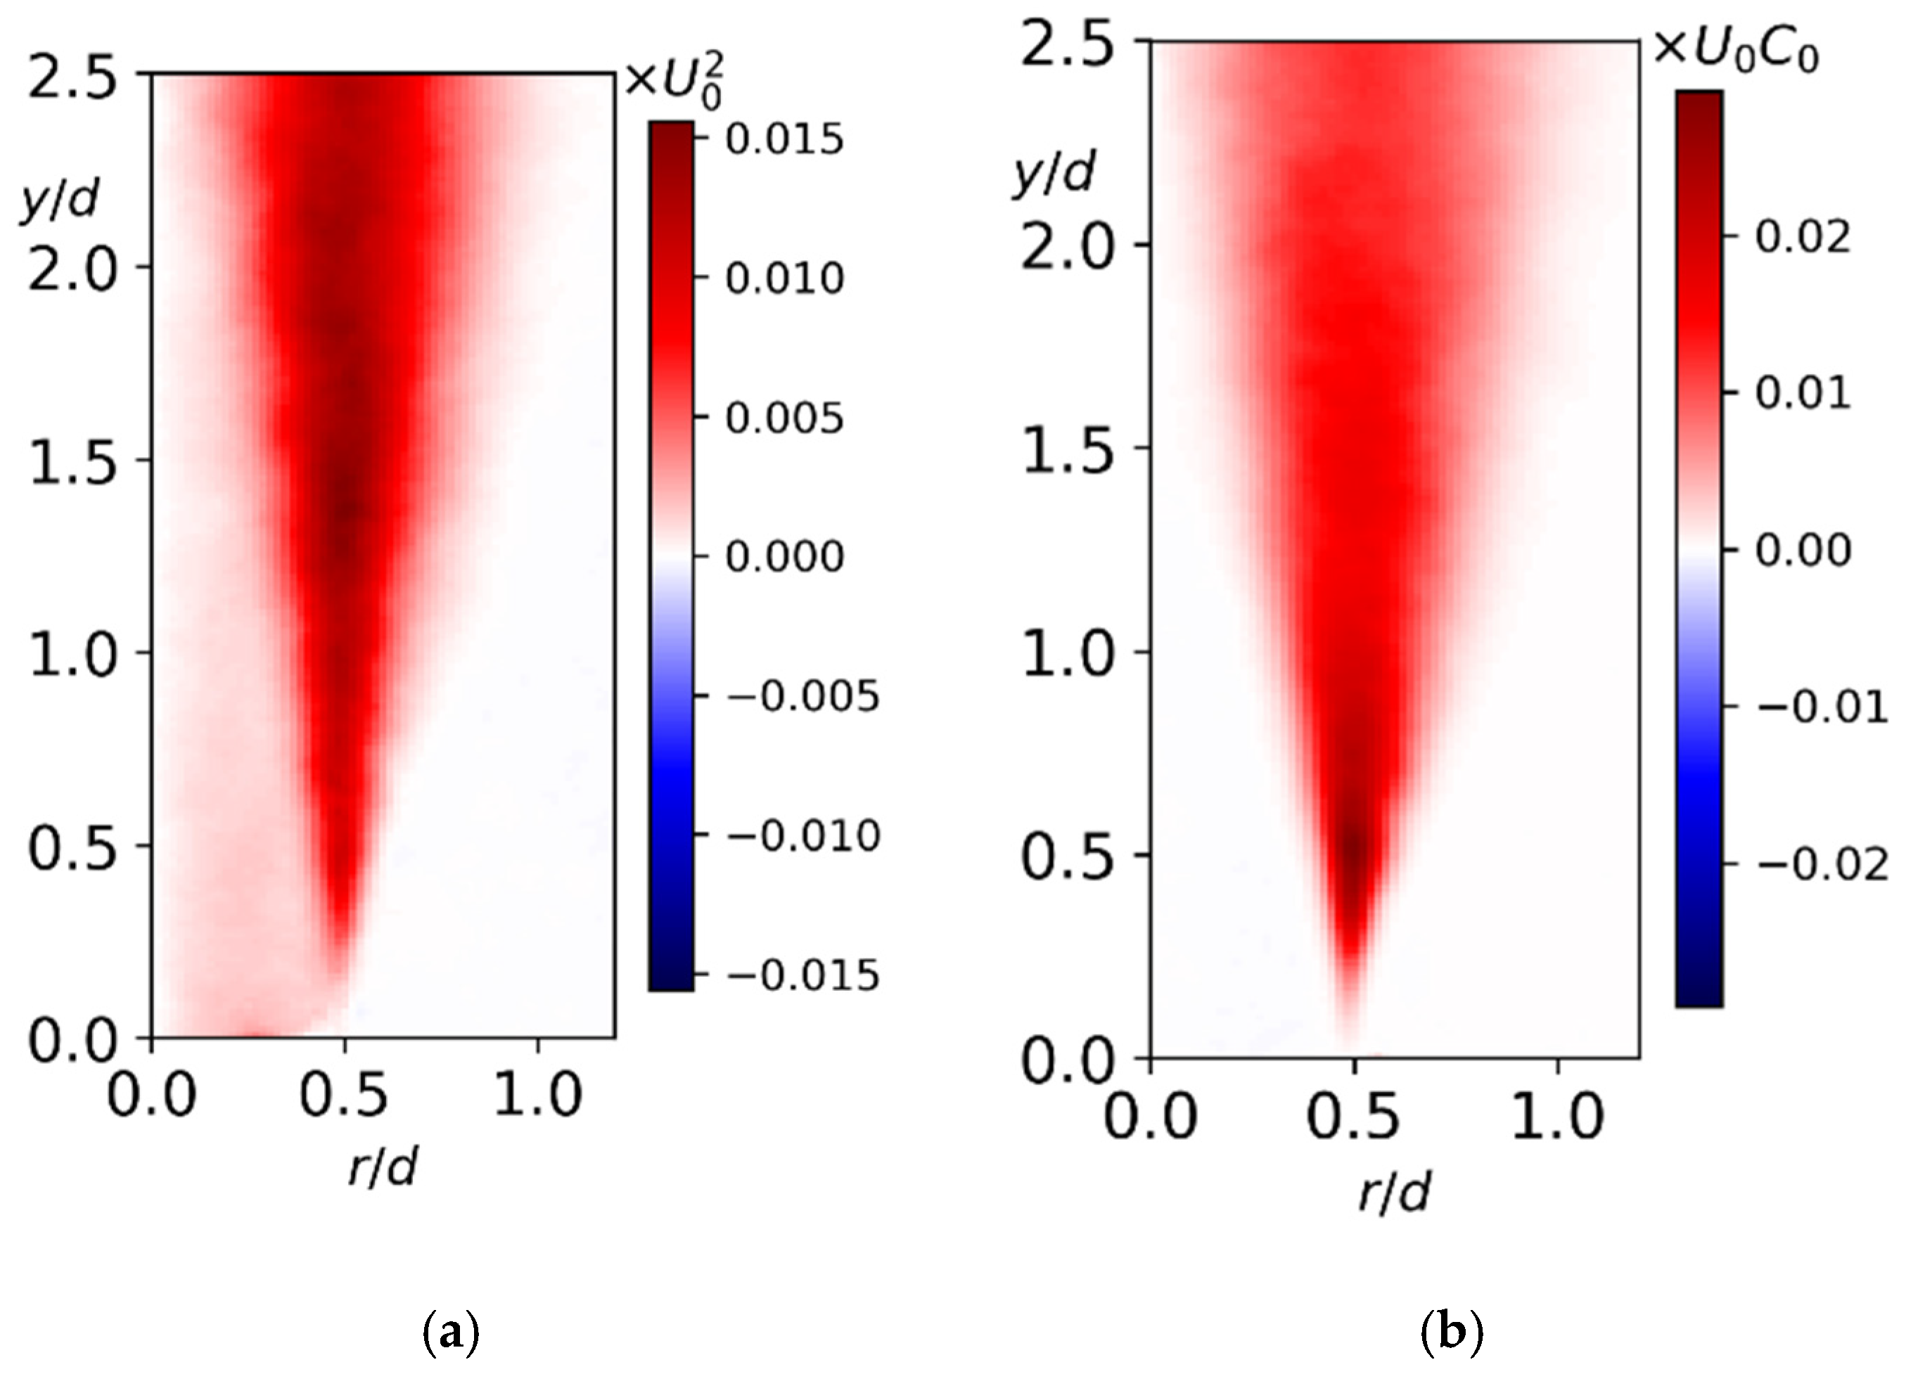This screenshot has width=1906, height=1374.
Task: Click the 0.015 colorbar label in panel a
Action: coord(783,139)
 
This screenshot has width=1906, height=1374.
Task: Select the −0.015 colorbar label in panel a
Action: coord(802,976)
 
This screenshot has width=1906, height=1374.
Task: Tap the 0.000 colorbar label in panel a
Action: coord(784,556)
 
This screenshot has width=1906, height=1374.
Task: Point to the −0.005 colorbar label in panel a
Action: coord(802,697)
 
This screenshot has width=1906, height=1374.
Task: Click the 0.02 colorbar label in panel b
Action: coord(1803,237)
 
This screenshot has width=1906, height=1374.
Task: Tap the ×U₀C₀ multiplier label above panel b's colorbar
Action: coord(1735,52)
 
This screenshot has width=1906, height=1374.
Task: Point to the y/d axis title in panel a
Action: coord(59,202)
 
